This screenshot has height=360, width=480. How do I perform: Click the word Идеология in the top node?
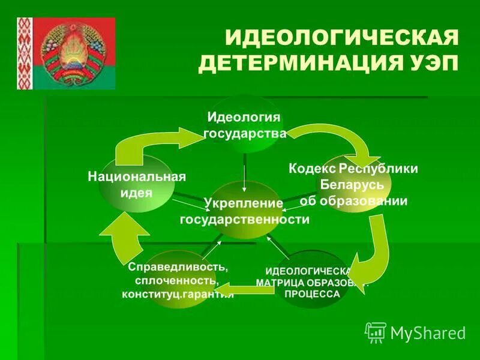coord(244,116)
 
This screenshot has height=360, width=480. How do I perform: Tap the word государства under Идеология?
coord(245,133)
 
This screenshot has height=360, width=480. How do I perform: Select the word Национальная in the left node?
coord(137,177)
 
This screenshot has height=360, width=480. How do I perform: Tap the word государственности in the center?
coord(245,220)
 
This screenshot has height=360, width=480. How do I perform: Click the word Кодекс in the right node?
coord(312,169)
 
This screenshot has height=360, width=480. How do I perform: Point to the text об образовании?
coord(354,201)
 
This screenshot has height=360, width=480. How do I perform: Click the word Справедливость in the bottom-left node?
coord(178,266)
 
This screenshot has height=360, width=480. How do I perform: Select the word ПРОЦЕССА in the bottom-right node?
coord(312,294)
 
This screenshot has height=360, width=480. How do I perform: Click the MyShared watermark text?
coord(428,332)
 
